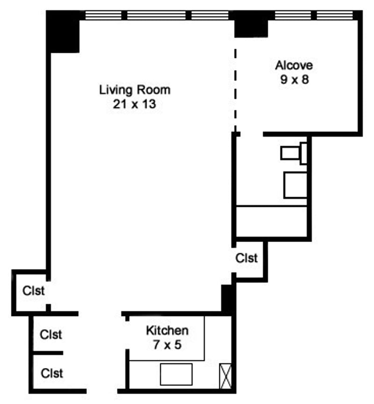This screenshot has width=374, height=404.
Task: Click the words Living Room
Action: [x=135, y=89]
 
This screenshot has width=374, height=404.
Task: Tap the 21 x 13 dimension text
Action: [x=134, y=104]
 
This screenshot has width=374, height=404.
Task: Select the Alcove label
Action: [x=294, y=65]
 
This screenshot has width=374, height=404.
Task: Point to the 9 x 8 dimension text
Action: [x=294, y=80]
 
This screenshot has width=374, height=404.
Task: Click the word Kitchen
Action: [x=167, y=331]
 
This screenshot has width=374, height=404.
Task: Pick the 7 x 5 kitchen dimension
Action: [x=167, y=345]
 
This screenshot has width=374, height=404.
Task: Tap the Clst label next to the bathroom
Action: [x=246, y=258]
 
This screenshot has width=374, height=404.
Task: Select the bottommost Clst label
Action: [x=52, y=373]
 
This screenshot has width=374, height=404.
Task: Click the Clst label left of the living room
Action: [x=34, y=291]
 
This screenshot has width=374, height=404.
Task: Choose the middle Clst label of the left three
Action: [x=51, y=335]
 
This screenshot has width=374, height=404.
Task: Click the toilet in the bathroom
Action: [x=294, y=154]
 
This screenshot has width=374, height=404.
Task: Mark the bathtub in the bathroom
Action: [x=272, y=221]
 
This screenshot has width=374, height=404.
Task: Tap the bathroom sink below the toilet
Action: [x=295, y=184]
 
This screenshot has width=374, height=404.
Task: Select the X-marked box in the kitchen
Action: [x=225, y=376]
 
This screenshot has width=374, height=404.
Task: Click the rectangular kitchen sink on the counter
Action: [x=176, y=374]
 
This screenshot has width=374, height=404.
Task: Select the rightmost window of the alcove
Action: [x=334, y=15]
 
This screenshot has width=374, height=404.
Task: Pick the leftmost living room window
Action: [x=103, y=15]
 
